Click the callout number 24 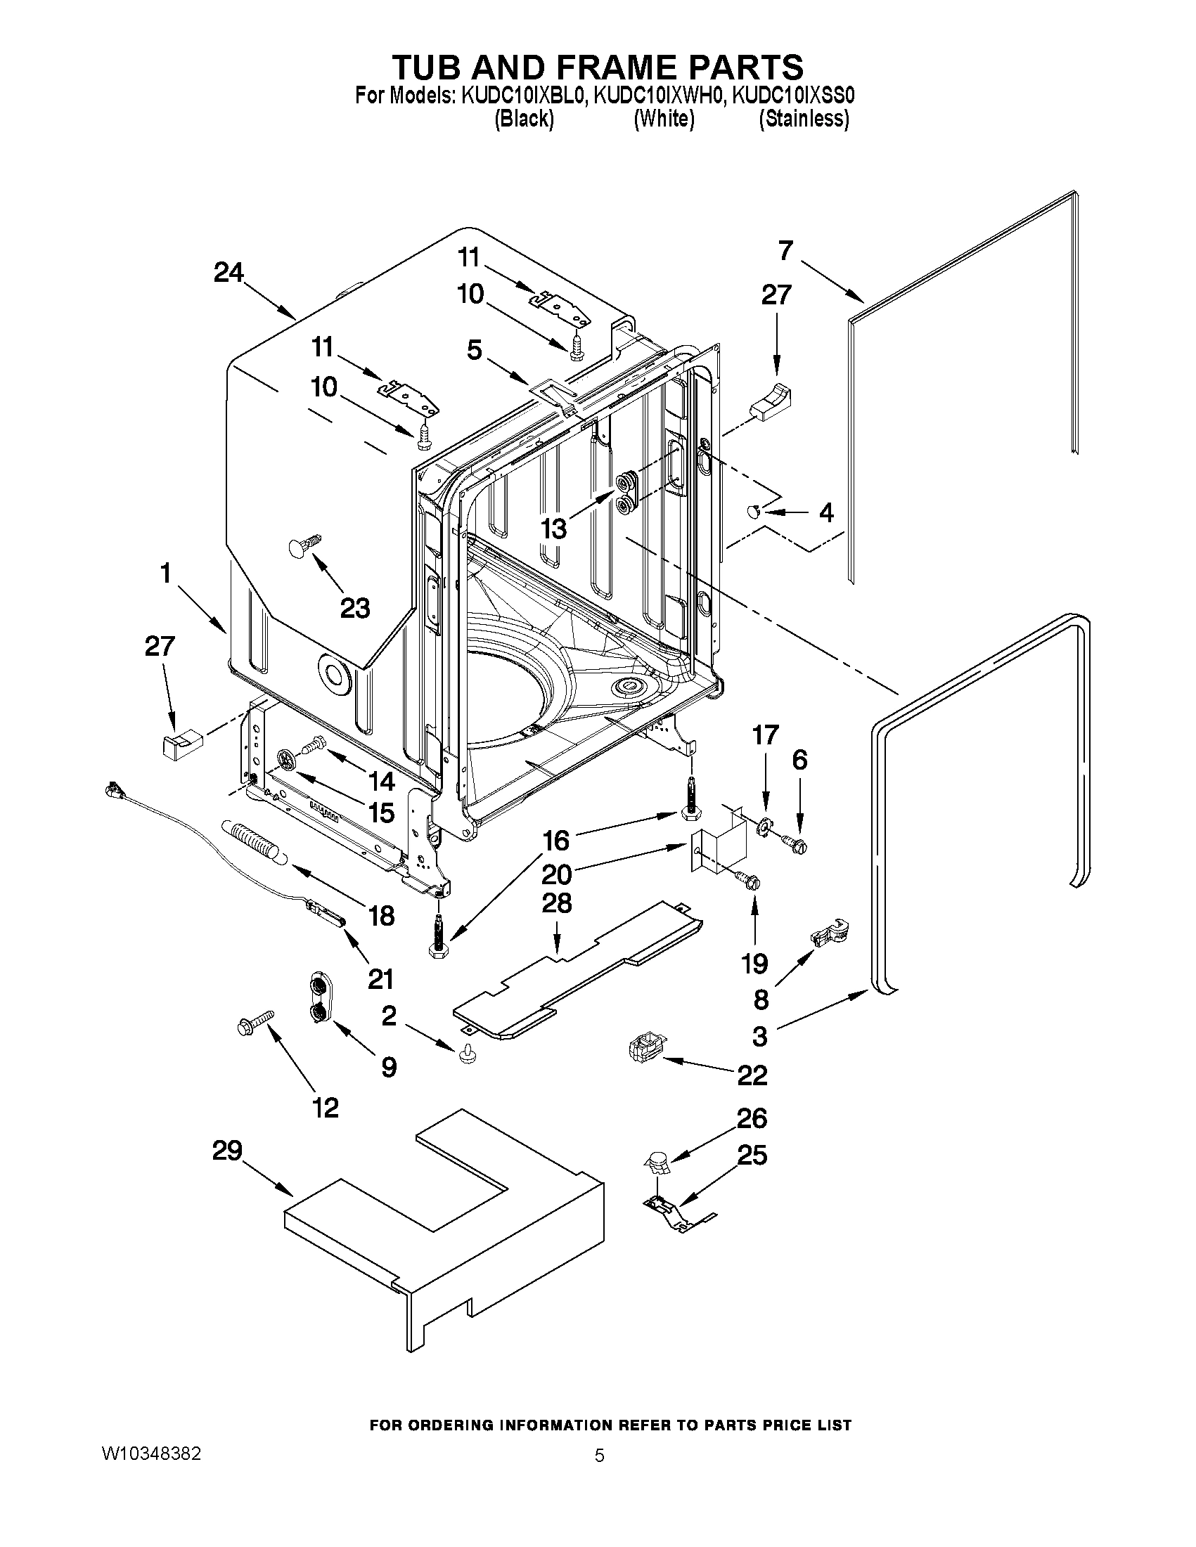pyautogui.click(x=229, y=273)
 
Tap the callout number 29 pyautogui.click(x=227, y=1151)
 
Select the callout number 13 pyautogui.click(x=554, y=528)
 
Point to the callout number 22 pyautogui.click(x=752, y=1075)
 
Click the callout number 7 pyautogui.click(x=785, y=251)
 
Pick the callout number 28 pyautogui.click(x=556, y=903)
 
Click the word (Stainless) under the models pyautogui.click(x=804, y=119)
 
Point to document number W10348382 pyautogui.click(x=152, y=1454)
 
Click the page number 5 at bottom pyautogui.click(x=600, y=1456)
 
